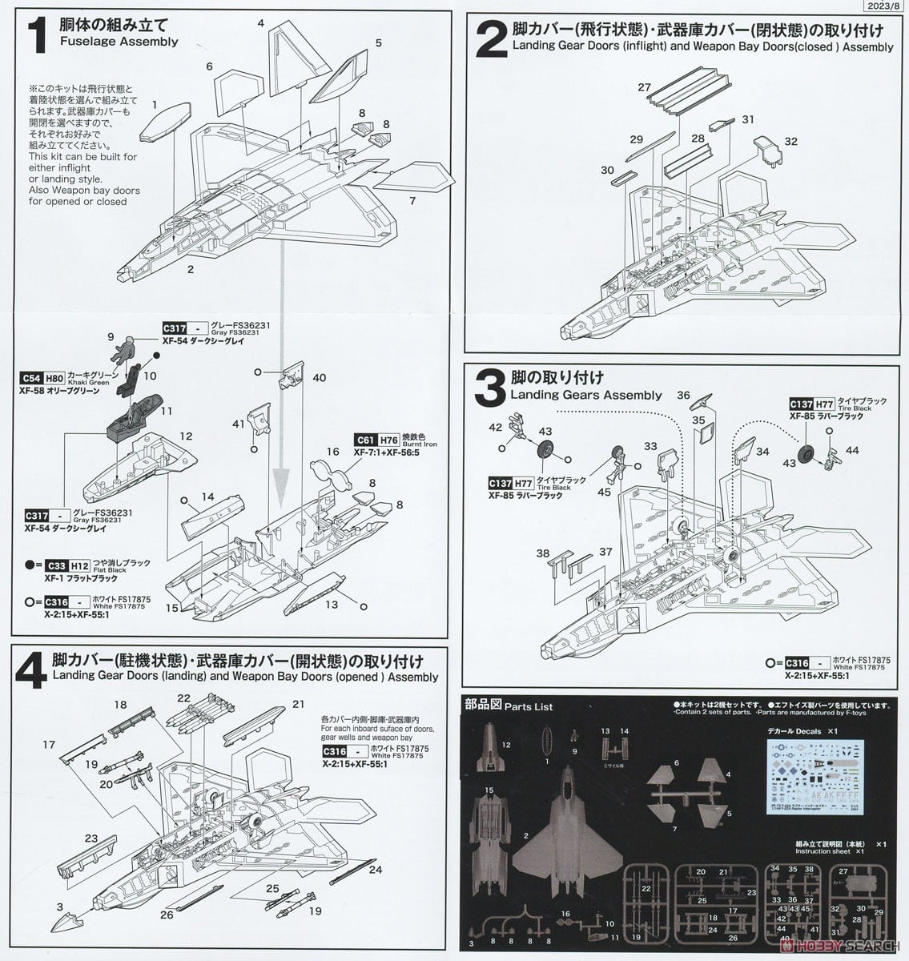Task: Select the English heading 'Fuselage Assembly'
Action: click(x=119, y=41)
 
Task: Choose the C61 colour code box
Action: click(x=365, y=440)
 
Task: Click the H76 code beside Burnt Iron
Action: click(x=388, y=440)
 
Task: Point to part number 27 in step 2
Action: click(x=645, y=87)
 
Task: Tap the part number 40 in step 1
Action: click(x=320, y=377)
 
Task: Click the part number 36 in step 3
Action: click(x=682, y=395)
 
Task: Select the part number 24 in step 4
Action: click(x=376, y=870)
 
